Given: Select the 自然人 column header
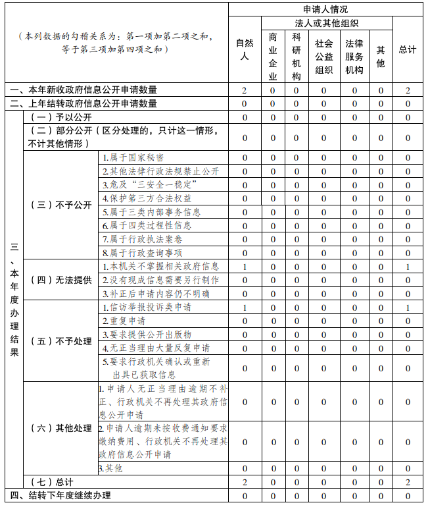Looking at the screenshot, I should (x=244, y=49).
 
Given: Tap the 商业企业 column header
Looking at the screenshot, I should (x=273, y=56).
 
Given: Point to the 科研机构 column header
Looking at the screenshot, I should (x=296, y=56).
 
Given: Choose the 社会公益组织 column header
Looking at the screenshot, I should (x=324, y=56).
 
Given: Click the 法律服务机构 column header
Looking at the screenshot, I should (x=354, y=56).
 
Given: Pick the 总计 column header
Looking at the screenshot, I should (x=408, y=50).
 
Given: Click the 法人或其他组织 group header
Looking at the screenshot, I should (x=326, y=23).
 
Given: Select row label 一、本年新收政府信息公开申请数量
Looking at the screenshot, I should (x=83, y=90).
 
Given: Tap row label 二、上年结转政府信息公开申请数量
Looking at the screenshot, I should (x=83, y=103).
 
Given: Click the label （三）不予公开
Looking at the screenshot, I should (x=61, y=205).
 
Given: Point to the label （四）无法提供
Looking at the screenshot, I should (x=61, y=280).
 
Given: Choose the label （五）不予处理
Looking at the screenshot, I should (x=61, y=341).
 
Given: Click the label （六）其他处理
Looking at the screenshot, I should (x=61, y=428).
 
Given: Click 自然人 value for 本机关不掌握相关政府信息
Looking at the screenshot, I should (x=245, y=267).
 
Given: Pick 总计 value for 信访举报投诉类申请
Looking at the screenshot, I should (x=408, y=308).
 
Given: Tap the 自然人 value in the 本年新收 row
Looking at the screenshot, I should (x=245, y=90).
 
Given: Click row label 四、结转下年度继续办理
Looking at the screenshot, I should (x=60, y=495).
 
